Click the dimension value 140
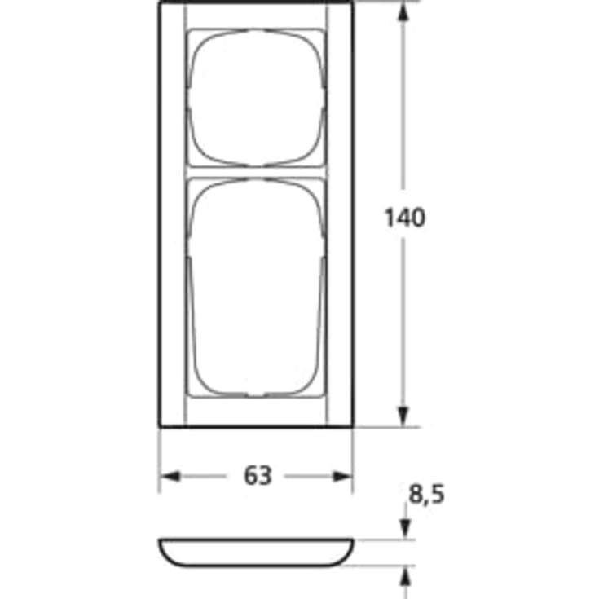[x=405, y=218]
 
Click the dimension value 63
[x=258, y=476]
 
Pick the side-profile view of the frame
[x=256, y=552]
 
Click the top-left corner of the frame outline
[x=160, y=3]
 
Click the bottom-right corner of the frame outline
[x=353, y=425]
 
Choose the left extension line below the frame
[x=159, y=460]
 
